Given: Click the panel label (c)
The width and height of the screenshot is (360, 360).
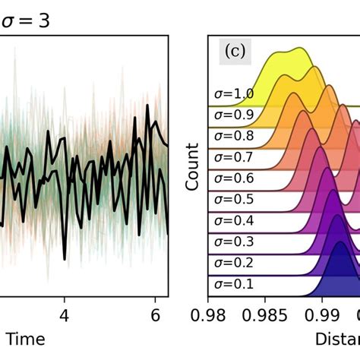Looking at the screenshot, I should point(232,52).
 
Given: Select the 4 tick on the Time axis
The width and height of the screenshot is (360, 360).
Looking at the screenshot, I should point(65,313).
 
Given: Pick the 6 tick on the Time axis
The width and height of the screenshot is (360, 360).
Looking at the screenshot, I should point(155,313).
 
